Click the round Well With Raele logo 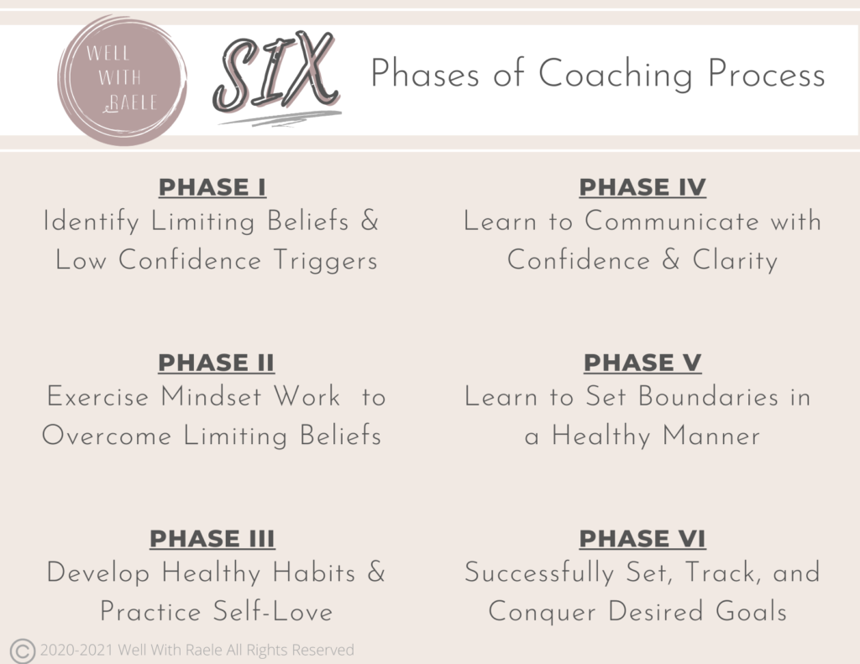click(123, 80)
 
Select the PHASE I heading click(212, 187)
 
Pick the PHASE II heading click(216, 363)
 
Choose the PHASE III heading click(212, 539)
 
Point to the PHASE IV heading click(642, 187)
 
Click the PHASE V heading click(642, 363)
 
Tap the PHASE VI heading click(642, 539)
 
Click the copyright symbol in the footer click(23, 651)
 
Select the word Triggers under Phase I click(326, 261)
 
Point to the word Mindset click(211, 397)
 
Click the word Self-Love click(273, 612)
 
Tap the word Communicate click(672, 222)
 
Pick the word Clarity click(736, 261)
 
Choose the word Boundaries click(708, 397)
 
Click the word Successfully click(539, 573)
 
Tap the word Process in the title click(766, 74)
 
